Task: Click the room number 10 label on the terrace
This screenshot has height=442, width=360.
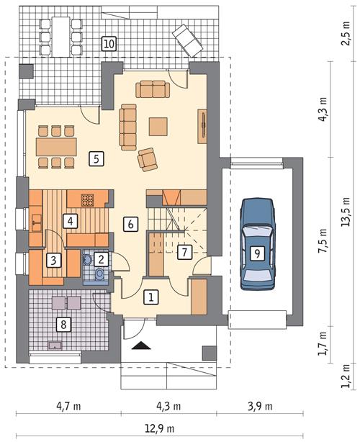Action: coord(109,42)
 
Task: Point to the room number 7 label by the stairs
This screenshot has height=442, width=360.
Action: coord(184,252)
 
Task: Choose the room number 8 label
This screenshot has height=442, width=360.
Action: coord(63,325)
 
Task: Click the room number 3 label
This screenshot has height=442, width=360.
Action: coord(53,259)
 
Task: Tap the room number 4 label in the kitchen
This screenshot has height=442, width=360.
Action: coord(70,221)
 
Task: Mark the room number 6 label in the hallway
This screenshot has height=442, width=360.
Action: coord(130,223)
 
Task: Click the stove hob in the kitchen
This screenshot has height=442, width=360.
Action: coord(88,199)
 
